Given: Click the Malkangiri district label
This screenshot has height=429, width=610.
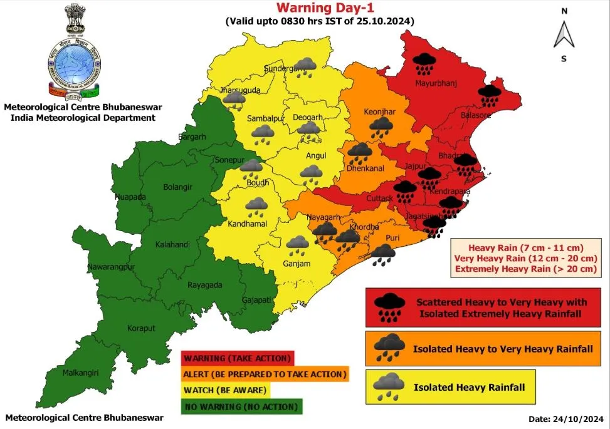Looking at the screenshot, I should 81,373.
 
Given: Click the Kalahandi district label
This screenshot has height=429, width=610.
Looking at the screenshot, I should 172,244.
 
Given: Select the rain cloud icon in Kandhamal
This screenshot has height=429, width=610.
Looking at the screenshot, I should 256,207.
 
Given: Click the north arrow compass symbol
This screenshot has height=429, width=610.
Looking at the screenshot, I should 564,34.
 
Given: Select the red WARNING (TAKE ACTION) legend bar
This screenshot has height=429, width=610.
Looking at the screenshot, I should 237,358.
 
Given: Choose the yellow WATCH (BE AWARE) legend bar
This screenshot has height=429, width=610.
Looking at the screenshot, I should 226,390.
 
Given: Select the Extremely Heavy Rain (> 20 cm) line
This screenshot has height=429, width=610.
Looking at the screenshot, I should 526,269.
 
